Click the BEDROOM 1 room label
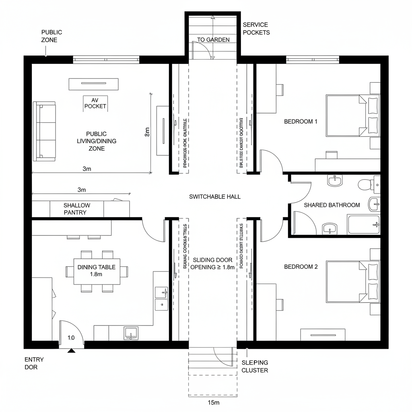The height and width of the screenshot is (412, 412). coord(301,121)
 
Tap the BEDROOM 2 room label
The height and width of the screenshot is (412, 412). coord(301,266)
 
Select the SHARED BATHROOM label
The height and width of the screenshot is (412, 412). coord(332,205)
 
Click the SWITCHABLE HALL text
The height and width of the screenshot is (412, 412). coord(214,196)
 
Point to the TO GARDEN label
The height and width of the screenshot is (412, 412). coord(213,39)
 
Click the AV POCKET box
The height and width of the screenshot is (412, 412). coord(95,103)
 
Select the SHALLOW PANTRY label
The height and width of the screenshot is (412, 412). coord(77,209)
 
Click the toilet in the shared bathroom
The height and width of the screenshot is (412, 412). coord(365,185)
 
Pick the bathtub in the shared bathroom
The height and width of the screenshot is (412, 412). coord(363,225)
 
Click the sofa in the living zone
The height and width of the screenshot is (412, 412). coord(45,131)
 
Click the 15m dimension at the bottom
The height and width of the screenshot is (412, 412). coord(213,402)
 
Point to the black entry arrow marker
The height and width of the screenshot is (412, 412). coord(72,351)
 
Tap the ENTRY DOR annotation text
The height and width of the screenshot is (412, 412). coord(34,363)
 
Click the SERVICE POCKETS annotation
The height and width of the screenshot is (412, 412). coord(256,29)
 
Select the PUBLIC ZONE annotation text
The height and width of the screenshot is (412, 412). coord(51,36)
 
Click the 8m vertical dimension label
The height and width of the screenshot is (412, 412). coord(147,132)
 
